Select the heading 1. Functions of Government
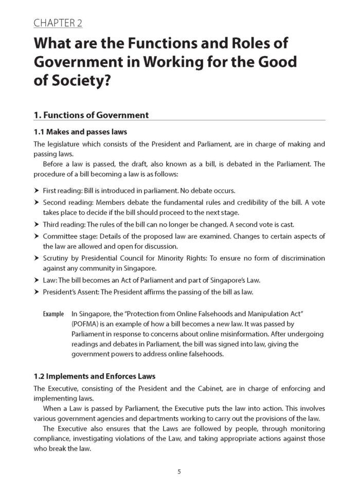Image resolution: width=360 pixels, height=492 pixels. click(x=91, y=115)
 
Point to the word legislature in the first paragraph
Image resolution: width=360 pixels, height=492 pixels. click(x=65, y=144)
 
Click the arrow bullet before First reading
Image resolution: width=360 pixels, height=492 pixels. click(x=37, y=190)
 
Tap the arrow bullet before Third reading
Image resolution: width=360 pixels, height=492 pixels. click(x=37, y=224)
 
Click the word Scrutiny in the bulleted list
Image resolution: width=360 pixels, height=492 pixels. click(x=56, y=258)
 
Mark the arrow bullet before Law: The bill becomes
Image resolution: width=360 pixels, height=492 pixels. click(x=37, y=280)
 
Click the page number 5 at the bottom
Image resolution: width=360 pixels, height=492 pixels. click(x=179, y=471)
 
